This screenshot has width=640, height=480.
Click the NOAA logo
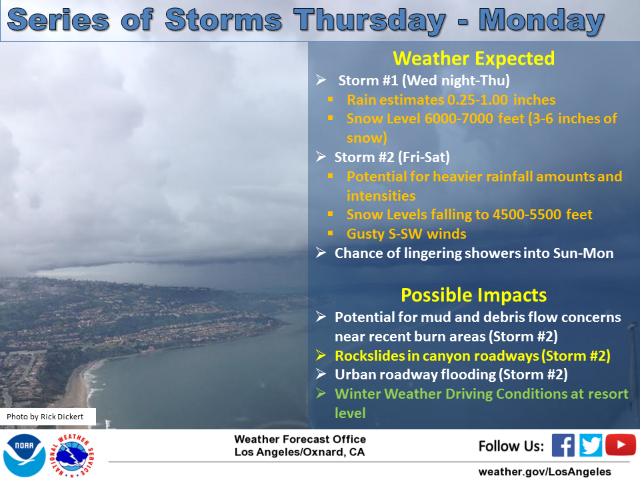point(24,455)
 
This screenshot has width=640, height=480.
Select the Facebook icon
point(563,445)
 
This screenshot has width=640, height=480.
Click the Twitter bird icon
point(590,445)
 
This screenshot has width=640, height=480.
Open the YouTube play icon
point(621,445)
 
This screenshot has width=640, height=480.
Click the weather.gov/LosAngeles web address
point(545,471)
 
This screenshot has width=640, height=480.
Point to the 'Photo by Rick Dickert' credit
point(45,416)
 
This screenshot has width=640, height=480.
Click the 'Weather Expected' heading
point(473,59)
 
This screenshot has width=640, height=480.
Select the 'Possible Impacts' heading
point(473,295)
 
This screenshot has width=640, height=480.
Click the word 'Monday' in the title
point(541,20)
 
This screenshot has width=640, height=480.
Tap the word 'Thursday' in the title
point(369,21)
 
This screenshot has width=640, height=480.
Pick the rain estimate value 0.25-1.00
point(477,99)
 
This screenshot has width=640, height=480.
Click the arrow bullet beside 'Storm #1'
point(321,80)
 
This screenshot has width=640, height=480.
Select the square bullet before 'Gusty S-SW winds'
point(330,233)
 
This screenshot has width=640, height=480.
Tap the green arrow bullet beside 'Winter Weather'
point(321,393)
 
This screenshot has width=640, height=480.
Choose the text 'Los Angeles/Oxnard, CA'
point(299,452)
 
